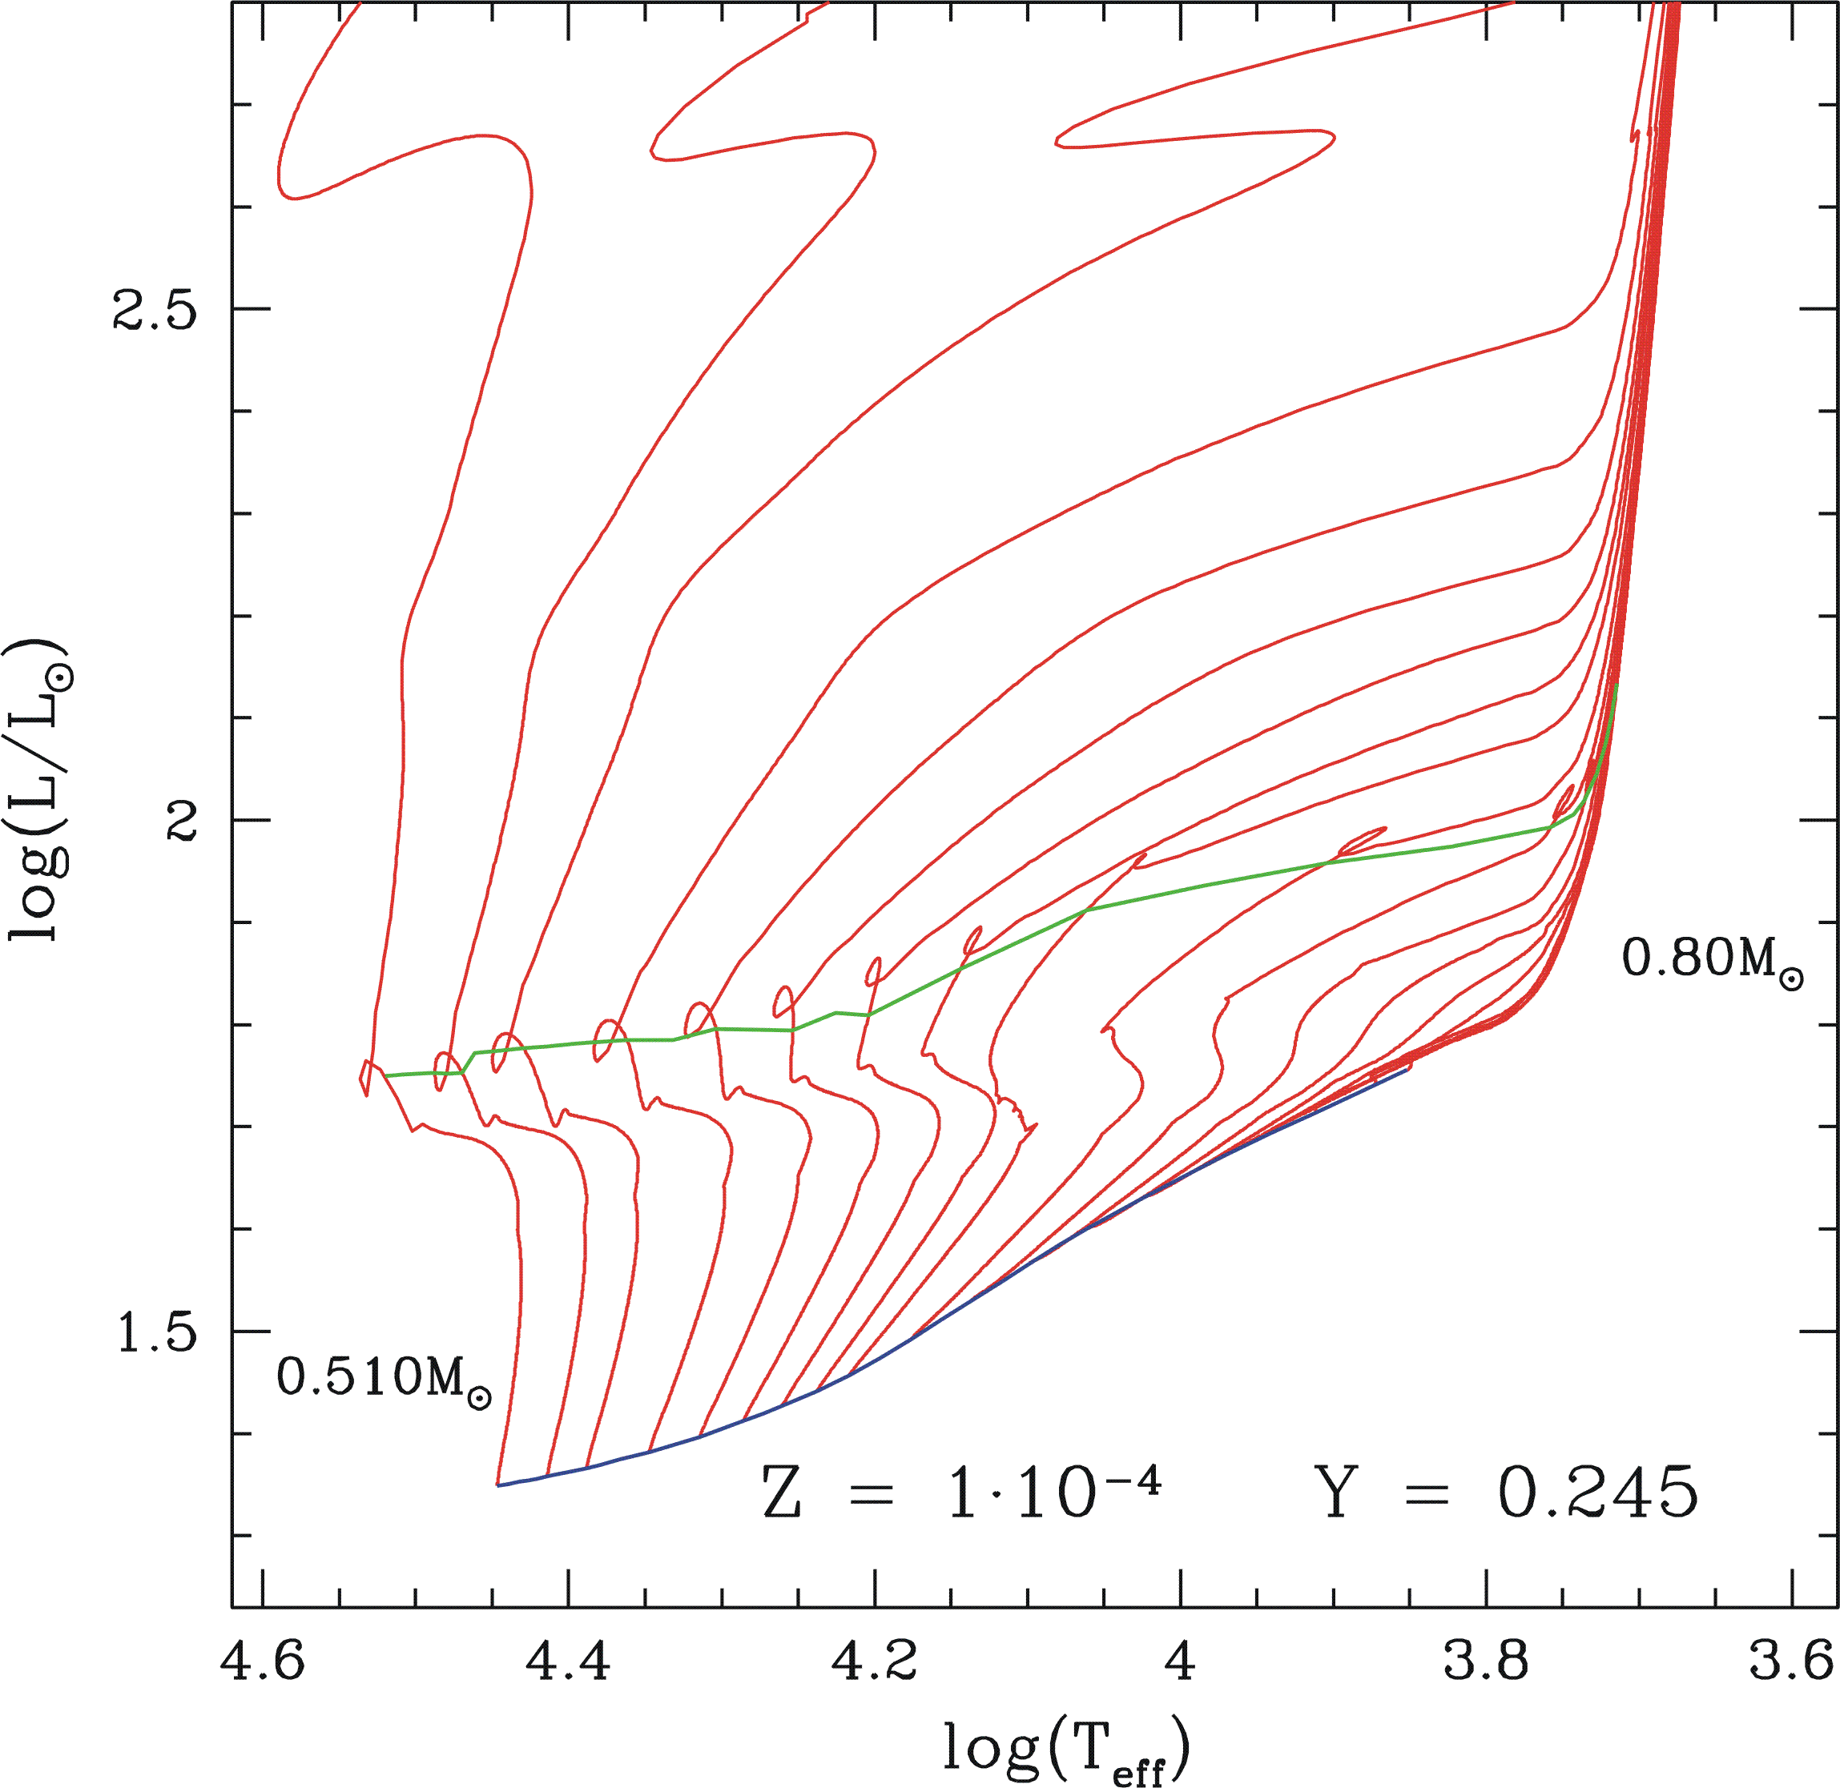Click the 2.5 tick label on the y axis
point(155,309)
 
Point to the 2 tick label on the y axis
point(180,820)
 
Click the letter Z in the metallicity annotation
point(782,1493)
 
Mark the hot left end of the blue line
point(497,1485)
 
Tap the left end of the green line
point(385,1075)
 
